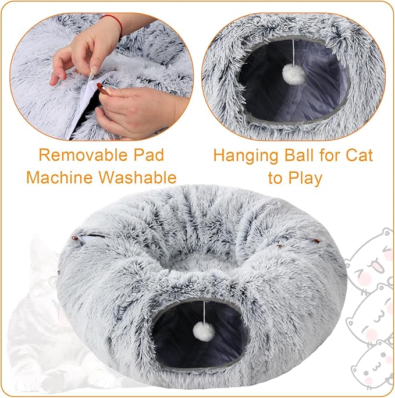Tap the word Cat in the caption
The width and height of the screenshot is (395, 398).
pos(355,155)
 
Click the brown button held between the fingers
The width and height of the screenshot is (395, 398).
pos(102,90)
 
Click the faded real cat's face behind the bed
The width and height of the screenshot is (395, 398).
pos(44,273)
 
